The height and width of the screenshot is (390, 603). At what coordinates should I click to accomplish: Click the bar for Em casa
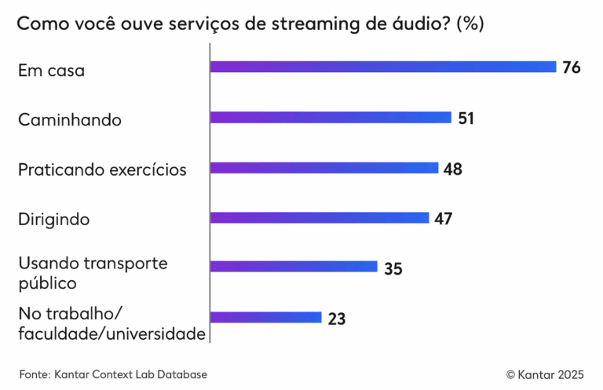coord(382,67)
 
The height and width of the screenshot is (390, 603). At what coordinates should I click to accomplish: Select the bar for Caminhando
coord(331,118)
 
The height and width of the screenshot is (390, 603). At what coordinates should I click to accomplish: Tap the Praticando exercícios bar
coord(323,168)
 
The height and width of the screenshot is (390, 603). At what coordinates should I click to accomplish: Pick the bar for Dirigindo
coord(320,217)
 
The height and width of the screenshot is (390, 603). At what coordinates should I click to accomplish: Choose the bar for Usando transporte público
coord(294,268)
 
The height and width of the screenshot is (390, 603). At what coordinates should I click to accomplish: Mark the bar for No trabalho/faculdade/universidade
coord(265,318)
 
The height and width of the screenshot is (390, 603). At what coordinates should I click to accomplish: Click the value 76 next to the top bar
coord(571,67)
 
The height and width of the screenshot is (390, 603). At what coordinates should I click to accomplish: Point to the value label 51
coord(466,118)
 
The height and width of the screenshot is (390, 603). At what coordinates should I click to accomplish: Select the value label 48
coord(452,169)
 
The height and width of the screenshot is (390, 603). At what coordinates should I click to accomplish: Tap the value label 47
coord(444,218)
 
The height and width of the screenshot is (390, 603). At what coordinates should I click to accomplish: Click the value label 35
coord(393,268)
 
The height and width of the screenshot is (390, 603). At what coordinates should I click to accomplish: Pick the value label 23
coord(336,319)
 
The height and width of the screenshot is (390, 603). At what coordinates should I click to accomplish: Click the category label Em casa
coord(51,71)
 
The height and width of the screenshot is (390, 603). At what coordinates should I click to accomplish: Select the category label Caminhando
coord(69,121)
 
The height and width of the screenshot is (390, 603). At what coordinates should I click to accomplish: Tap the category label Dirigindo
coord(53,220)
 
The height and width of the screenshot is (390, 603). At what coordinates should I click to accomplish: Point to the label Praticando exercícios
coord(102,169)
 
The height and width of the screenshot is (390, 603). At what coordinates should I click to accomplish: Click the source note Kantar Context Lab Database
coord(131,374)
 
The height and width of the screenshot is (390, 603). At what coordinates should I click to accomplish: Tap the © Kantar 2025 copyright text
coord(544,374)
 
